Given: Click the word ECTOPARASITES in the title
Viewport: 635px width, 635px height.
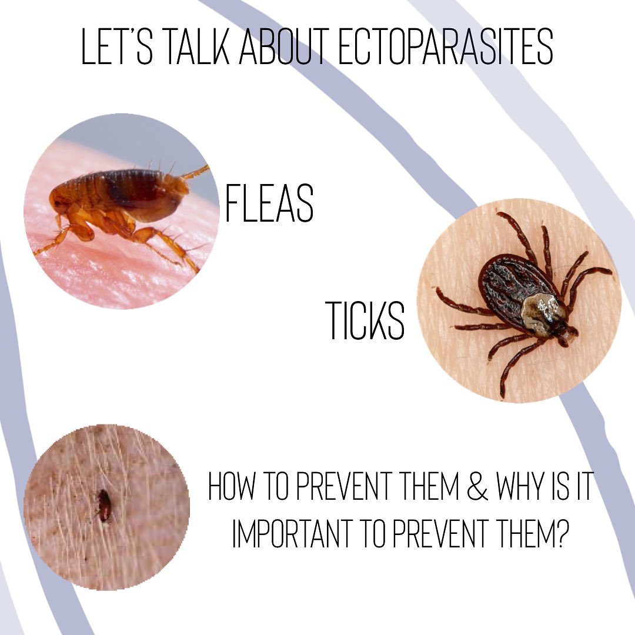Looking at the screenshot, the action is pos(445,46).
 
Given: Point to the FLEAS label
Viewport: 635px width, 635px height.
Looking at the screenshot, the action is pos(269,203).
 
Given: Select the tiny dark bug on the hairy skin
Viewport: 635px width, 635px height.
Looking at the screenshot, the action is pos(104,506).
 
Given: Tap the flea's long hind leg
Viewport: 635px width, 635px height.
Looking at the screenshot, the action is pos(170,247).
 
